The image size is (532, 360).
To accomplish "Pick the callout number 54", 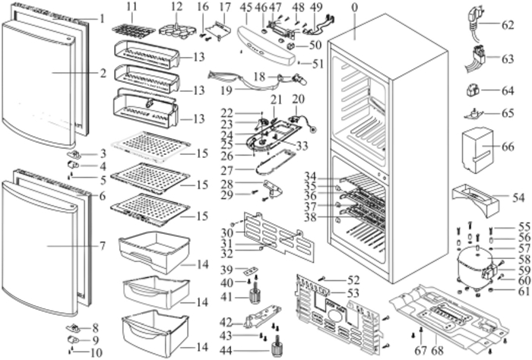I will tap(508, 196).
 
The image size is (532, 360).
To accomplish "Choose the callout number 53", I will tap(332, 292).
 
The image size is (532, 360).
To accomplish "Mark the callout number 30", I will tap(226, 232).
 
